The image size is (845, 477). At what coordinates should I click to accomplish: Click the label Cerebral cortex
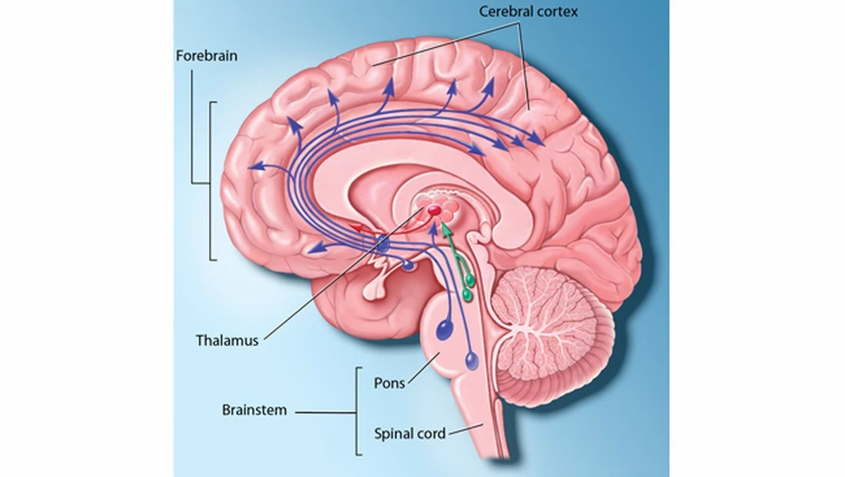[528, 12]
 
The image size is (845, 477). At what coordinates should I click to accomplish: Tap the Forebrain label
[207, 56]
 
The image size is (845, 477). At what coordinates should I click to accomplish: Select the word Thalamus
[227, 340]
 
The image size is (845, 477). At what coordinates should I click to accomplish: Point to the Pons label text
[389, 383]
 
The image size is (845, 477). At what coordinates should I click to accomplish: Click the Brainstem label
[254, 409]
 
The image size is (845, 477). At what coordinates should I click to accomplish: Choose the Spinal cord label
[410, 433]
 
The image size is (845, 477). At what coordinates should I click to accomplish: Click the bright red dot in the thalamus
[434, 210]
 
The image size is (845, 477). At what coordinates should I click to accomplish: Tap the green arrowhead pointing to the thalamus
[446, 229]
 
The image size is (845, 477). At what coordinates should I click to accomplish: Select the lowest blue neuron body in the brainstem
[472, 360]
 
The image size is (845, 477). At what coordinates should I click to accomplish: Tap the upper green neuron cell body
[470, 280]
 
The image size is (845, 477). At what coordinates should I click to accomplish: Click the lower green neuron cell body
[467, 295]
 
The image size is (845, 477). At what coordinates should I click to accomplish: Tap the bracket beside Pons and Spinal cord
[358, 411]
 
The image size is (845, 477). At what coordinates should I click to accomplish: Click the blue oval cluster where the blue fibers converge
[382, 244]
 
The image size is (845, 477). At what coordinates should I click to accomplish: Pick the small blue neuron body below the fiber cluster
[408, 266]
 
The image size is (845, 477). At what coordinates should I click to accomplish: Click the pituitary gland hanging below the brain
[375, 291]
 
